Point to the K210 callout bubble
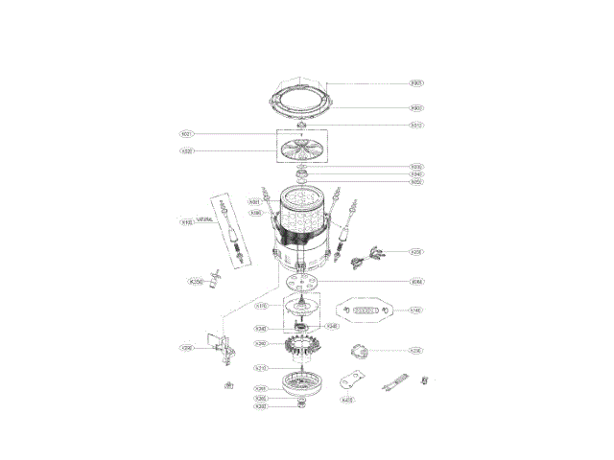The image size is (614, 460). (260, 368)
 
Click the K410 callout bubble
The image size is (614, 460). (348, 400)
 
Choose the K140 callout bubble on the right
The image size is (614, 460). (415, 310)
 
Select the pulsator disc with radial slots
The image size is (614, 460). (303, 150)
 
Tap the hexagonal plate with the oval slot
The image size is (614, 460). (365, 311)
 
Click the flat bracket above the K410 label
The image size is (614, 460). (355, 379)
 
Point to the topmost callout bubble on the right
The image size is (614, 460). (416, 82)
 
